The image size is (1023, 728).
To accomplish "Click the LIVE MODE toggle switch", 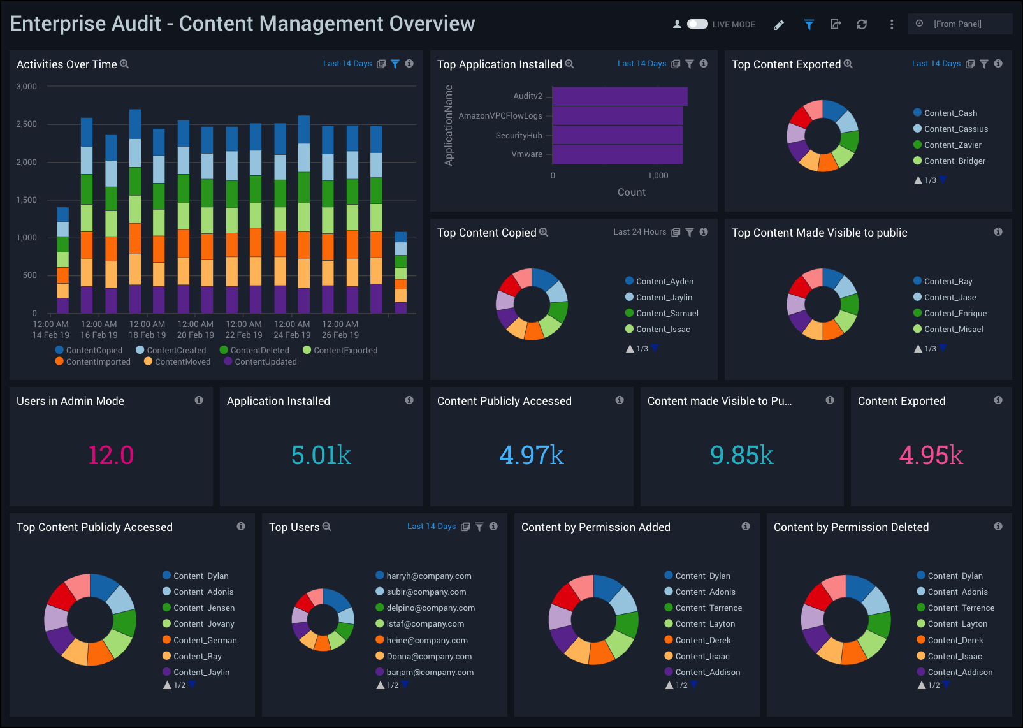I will click(697, 24).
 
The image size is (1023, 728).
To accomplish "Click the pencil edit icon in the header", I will click(779, 25).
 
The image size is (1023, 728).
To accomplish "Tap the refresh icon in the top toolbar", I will click(862, 24).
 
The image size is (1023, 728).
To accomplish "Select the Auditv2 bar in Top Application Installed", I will click(620, 96).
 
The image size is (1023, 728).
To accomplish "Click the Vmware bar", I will click(617, 154).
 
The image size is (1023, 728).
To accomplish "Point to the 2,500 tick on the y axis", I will click(27, 124).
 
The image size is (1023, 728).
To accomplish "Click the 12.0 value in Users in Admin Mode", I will click(111, 455).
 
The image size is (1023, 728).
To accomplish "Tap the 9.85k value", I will click(742, 455).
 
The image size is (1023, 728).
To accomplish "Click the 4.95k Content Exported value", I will click(931, 455).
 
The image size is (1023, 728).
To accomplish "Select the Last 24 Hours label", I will click(639, 232).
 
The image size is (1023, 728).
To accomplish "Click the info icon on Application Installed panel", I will click(409, 400).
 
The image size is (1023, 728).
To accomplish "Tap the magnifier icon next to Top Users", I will click(327, 527).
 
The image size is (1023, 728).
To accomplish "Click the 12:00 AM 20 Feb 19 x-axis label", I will click(196, 330).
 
